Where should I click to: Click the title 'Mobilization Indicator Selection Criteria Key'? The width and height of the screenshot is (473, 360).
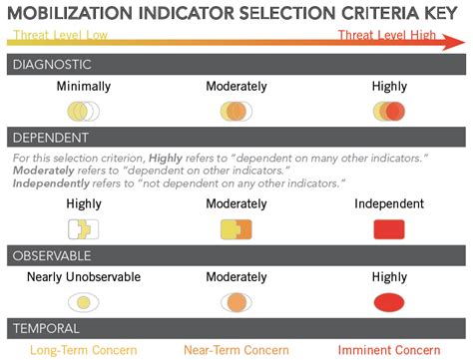coord(236,13)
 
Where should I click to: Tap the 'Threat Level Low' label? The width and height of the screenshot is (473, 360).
coord(58,37)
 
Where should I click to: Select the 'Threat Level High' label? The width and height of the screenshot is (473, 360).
coord(387,37)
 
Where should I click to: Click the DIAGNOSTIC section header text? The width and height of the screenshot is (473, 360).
coord(52,65)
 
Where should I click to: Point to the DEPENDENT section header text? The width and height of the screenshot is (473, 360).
coord(50,138)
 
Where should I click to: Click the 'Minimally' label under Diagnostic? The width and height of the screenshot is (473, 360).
coord(84,87)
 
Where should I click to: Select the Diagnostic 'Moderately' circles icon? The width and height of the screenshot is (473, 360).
coord(236,111)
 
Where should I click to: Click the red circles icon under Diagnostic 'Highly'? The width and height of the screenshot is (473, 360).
coord(389,111)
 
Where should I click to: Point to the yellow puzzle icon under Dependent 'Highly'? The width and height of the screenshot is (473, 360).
coord(84,229)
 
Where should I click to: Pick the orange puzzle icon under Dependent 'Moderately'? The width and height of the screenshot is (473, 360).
coord(236,229)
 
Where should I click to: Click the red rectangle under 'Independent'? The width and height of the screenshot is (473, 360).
coord(389,229)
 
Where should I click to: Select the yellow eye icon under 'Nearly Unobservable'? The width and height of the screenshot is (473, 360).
coord(84,302)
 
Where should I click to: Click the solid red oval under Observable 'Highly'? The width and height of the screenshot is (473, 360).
coord(389,302)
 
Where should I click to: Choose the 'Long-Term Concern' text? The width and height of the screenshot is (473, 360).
coord(83,350)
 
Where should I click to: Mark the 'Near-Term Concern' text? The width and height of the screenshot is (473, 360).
coord(236,350)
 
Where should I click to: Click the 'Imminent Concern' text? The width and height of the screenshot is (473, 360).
coord(389,350)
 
